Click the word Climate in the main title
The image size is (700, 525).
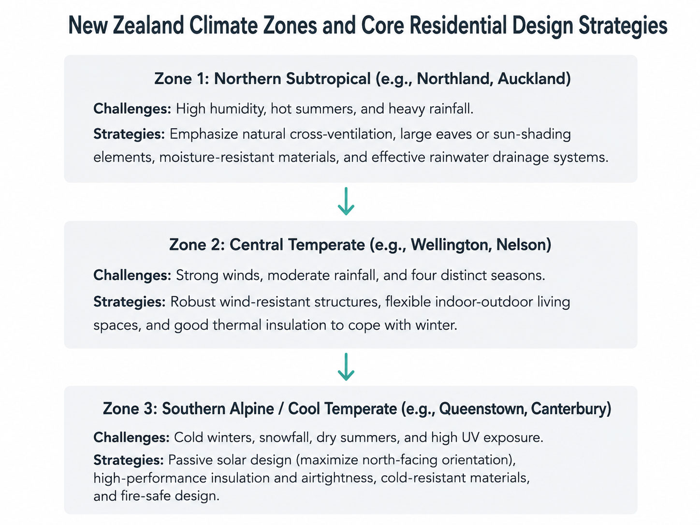[223, 25]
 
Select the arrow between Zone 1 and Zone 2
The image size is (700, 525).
[346, 201]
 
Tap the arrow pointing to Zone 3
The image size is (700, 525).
[346, 366]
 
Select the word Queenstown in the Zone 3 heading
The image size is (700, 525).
[481, 408]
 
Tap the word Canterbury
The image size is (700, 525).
[571, 408]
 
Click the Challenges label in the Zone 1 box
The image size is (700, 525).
[132, 109]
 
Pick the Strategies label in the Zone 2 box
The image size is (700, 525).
[129, 302]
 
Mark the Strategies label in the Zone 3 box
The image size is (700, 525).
[129, 460]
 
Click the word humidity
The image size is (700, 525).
[237, 109]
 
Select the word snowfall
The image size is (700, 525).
[285, 437]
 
